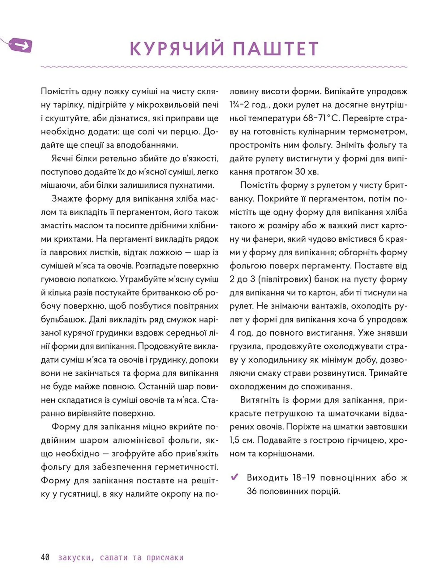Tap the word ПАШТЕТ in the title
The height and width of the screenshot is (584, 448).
point(276,49)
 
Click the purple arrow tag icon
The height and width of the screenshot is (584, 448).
point(21,45)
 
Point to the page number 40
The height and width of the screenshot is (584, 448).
point(45,557)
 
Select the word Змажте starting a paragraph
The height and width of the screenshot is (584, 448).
point(67,199)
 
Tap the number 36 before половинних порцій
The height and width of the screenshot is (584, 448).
point(252,491)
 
